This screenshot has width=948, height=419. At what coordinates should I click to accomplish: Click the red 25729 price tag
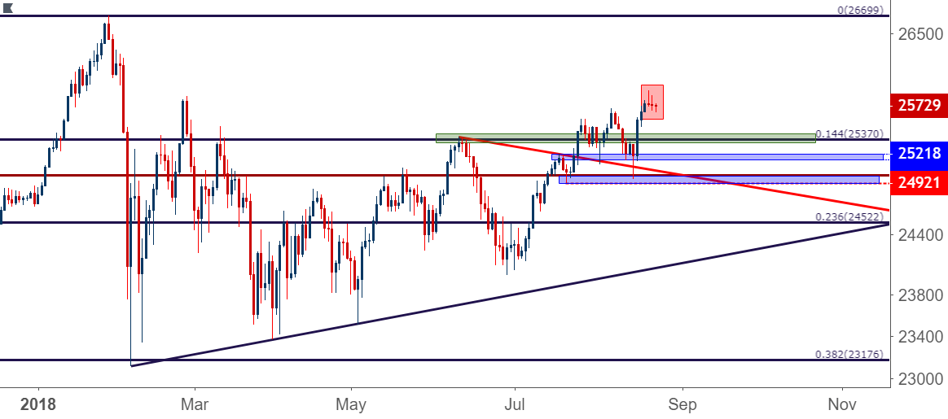[919, 106]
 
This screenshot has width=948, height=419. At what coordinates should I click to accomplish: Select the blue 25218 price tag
[919, 153]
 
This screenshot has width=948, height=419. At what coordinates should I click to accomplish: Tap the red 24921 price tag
[919, 182]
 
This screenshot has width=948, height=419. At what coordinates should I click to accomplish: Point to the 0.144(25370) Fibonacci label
[850, 133]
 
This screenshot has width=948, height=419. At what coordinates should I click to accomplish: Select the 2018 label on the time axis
[38, 403]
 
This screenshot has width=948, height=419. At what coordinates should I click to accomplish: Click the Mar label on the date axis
[195, 403]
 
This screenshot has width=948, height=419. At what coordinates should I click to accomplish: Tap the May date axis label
[351, 403]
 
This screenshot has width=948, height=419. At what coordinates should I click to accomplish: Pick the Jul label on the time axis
[515, 403]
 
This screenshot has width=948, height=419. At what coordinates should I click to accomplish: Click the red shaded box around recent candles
[652, 102]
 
